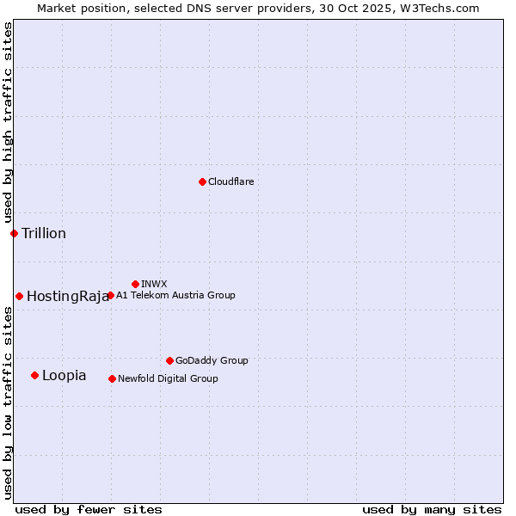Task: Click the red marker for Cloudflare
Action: coord(202,181)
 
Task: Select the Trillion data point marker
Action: coord(14,233)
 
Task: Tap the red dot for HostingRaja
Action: coord(19,296)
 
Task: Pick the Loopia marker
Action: coord(34,375)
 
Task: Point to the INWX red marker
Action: coord(135,284)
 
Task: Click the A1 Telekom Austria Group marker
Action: coord(110,295)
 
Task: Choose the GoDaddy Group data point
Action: coord(169,360)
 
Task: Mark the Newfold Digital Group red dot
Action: coord(112,378)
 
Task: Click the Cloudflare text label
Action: coord(230,181)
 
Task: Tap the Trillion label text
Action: coord(44,233)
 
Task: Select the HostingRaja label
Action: coord(67,297)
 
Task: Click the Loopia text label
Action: coord(64,376)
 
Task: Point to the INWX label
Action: coord(154,284)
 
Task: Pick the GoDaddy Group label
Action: coord(212,360)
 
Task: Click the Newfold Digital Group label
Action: coord(168,378)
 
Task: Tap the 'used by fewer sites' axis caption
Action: coord(89,509)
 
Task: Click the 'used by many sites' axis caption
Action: coord(432,509)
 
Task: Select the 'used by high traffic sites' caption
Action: coord(8,122)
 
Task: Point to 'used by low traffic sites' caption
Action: coord(8,402)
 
